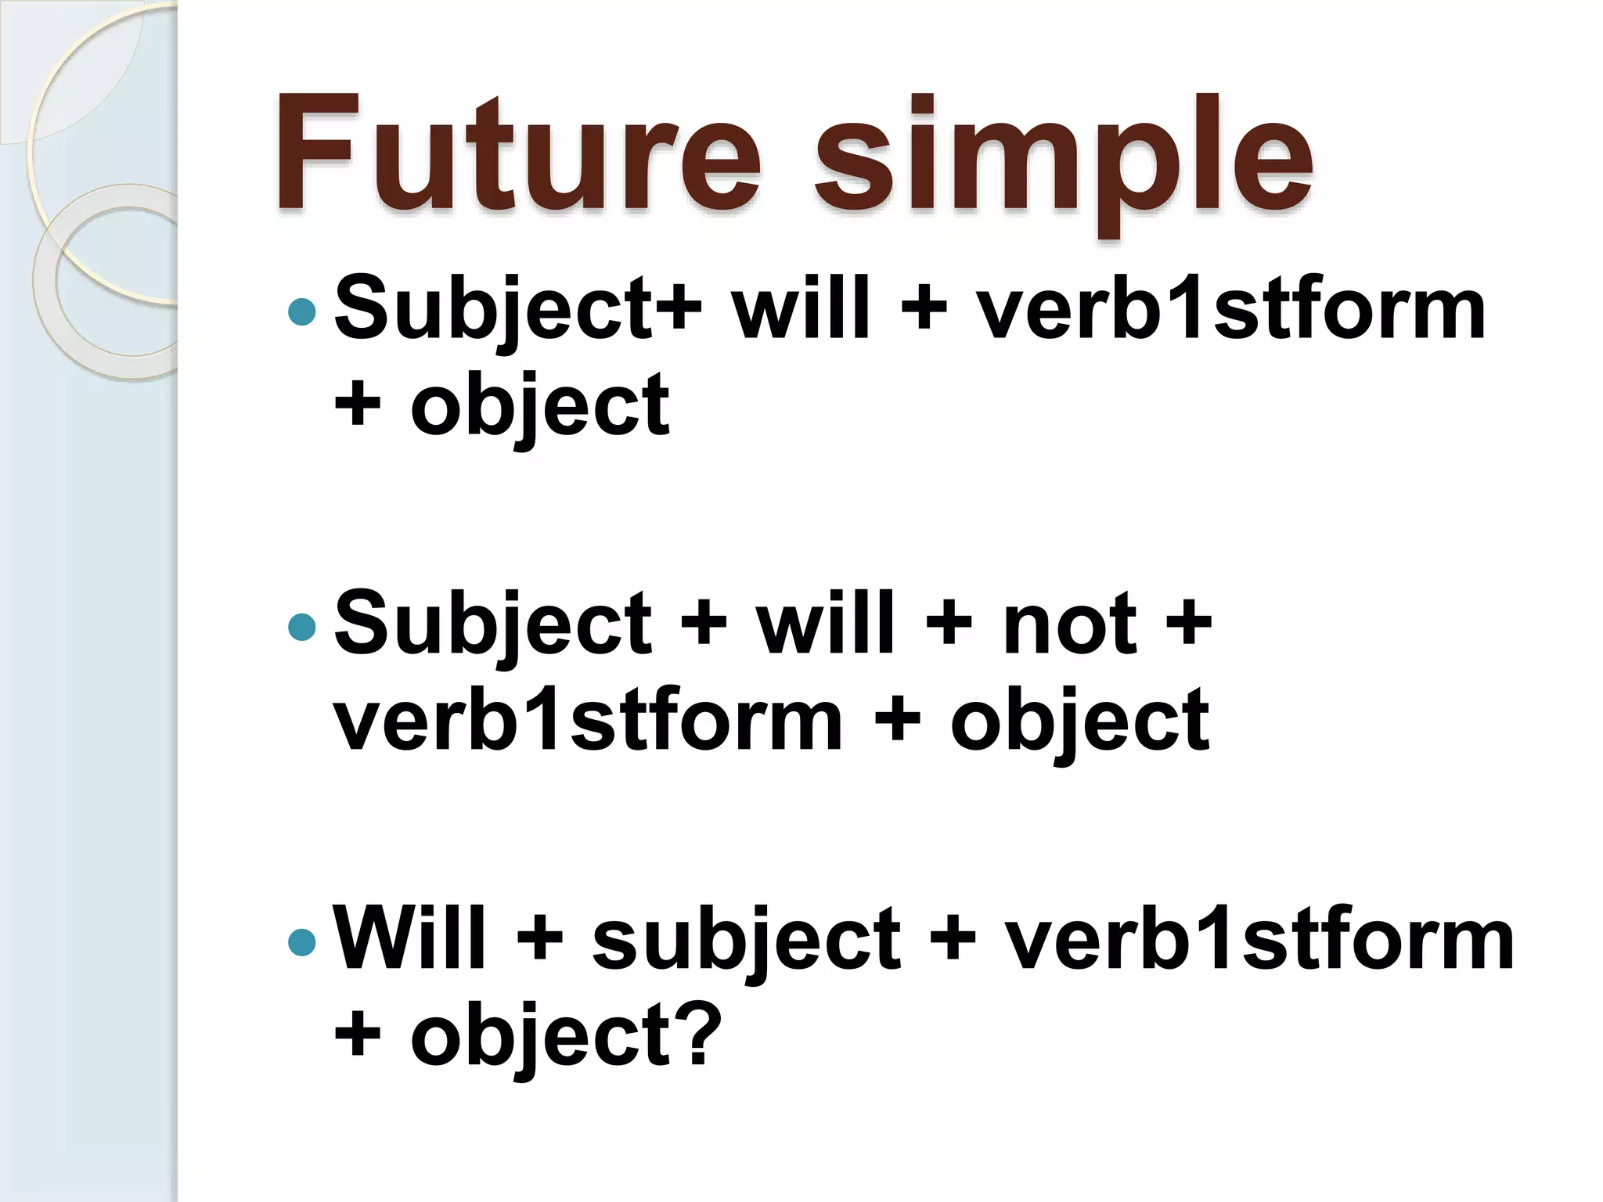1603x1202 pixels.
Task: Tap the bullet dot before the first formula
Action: [x=301, y=312]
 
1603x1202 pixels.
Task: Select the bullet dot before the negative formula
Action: [x=301, y=627]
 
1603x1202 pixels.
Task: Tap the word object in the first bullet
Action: [x=540, y=407]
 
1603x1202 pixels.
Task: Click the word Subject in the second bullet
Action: [x=493, y=625]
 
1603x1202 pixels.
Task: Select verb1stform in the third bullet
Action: [x=1260, y=938]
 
